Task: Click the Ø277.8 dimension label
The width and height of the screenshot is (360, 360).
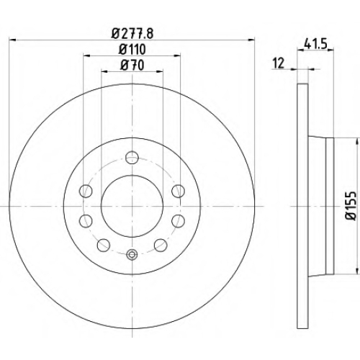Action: pos(132,34)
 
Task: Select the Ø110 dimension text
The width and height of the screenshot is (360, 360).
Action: pos(132,50)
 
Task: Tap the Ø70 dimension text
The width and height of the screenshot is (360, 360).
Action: pos(132,66)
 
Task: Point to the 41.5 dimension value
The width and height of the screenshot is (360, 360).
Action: pos(315,44)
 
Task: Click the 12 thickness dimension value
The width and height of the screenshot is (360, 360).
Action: pos(279,63)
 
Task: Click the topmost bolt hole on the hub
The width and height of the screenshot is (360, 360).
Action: pos(132,158)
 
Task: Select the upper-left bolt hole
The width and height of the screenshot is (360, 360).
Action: pos(86,191)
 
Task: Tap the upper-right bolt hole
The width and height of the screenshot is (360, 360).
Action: pos(179,191)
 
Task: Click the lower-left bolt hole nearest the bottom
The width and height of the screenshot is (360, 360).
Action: pos(104,245)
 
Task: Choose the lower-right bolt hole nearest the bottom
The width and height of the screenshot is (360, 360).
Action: pos(161,245)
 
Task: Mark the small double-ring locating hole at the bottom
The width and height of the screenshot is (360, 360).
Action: pos(132,255)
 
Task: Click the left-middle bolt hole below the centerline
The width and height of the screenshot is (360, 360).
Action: pos(86,221)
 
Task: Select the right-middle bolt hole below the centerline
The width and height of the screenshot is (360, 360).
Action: pos(179,221)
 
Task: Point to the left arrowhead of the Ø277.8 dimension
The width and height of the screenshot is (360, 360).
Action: pos(12,40)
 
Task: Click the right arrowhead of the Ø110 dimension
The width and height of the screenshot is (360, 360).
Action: pos(177,55)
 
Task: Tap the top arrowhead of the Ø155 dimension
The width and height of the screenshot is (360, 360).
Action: pos(355,141)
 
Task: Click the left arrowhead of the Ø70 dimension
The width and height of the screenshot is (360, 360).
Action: pos(104,71)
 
